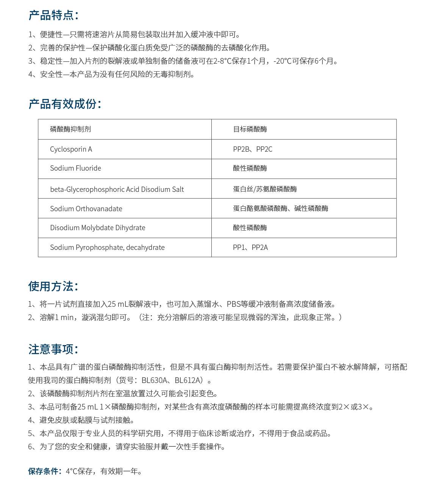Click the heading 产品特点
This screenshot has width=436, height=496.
point(53,15)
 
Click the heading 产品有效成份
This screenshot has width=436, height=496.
point(64,104)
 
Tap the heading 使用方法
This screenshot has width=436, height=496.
point(53,286)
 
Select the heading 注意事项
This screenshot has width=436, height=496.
point(53,349)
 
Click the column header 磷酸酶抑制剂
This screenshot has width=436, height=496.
point(70,129)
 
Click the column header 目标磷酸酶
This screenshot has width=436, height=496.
point(250,129)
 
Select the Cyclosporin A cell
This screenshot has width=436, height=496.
point(71,149)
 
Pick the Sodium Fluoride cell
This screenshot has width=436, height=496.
point(75,168)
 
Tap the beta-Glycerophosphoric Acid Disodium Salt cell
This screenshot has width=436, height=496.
point(117,189)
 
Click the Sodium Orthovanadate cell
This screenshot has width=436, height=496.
point(86,209)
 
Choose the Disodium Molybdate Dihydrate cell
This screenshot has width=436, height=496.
point(97,228)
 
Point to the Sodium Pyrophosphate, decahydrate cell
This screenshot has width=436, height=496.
point(107,248)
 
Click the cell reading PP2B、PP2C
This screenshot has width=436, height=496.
point(253,149)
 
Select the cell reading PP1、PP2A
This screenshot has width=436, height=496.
point(250,248)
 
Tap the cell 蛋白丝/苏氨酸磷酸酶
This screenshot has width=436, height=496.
point(265,189)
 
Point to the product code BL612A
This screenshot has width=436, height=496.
point(188,380)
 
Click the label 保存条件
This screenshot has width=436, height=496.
point(44,471)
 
